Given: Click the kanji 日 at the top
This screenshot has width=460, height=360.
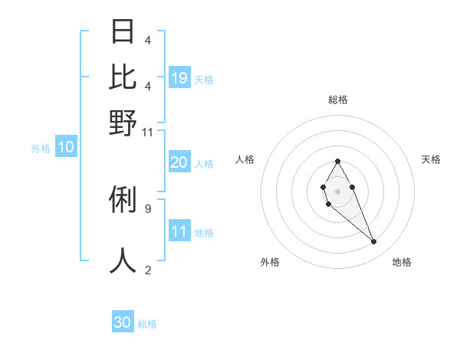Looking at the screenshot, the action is click(123, 32).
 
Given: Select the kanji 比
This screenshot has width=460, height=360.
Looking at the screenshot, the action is click(123, 77).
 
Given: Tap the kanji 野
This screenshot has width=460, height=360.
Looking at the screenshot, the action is click(123, 123).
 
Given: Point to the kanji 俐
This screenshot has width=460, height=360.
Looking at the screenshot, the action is click(123, 200).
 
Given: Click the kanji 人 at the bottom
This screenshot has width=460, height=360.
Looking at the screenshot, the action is click(123, 260).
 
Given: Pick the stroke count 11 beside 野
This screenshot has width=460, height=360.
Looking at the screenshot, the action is click(148, 133).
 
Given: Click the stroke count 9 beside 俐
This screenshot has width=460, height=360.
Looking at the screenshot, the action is click(147, 208).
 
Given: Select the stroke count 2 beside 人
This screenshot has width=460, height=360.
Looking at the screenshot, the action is click(147, 270).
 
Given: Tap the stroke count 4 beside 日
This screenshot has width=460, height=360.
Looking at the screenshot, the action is click(147, 40).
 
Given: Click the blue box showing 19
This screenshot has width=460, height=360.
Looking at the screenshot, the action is click(179, 77).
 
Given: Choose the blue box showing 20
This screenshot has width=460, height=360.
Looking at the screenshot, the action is click(179, 162).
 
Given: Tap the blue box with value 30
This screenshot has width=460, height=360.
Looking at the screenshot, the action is click(123, 322).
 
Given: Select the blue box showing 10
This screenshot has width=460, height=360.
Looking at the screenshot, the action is click(65, 148).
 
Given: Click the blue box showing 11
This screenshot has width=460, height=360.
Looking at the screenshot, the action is click(179, 231).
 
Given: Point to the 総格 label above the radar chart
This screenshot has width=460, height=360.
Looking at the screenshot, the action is click(338, 100).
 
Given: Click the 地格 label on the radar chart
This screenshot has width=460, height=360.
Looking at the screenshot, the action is click(402, 262).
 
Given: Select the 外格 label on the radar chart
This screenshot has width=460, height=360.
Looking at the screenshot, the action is click(270, 262).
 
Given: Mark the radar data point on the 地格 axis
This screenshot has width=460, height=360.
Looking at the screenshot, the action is click(373, 242).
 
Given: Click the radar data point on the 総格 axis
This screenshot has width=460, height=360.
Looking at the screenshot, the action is click(337, 161).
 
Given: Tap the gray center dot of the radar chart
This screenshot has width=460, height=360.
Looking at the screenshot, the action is click(337, 190).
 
